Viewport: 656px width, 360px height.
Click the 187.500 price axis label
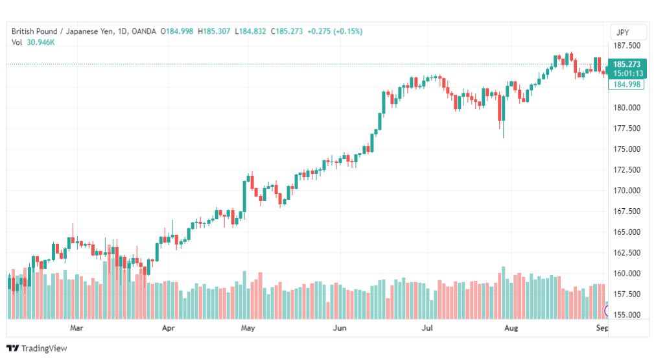tap(627, 45)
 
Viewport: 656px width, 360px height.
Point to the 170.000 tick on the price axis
tap(627, 191)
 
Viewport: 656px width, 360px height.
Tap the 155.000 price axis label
tap(627, 315)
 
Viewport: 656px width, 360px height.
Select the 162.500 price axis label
tap(627, 253)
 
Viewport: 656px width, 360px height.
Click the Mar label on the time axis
tap(76, 328)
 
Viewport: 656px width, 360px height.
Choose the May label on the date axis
tap(248, 328)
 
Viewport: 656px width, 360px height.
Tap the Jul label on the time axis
tap(427, 328)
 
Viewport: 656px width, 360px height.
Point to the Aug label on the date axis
tap(511, 328)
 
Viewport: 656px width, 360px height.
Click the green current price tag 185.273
tap(627, 69)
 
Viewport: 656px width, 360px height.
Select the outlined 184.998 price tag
tap(626, 84)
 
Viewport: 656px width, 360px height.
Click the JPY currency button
tap(622, 32)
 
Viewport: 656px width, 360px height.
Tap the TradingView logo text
tap(44, 348)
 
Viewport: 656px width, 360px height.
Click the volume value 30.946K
tap(41, 42)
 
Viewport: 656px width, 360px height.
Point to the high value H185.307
tap(214, 31)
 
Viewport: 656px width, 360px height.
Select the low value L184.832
tap(250, 31)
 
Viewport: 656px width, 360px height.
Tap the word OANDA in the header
tap(143, 31)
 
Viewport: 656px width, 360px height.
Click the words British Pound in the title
tap(34, 31)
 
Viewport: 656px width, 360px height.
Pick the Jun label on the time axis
tap(339, 328)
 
